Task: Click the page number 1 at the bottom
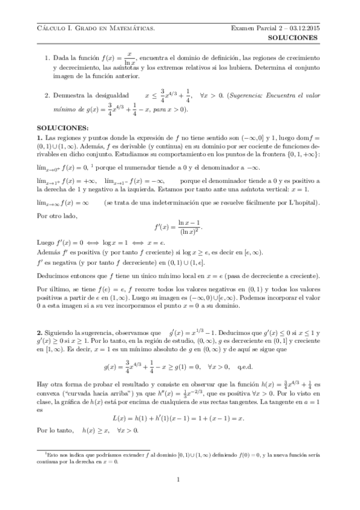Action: [179, 479]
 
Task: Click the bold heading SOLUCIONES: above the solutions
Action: [63, 128]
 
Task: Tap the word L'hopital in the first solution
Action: [301, 203]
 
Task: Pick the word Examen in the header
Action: [243, 28]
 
